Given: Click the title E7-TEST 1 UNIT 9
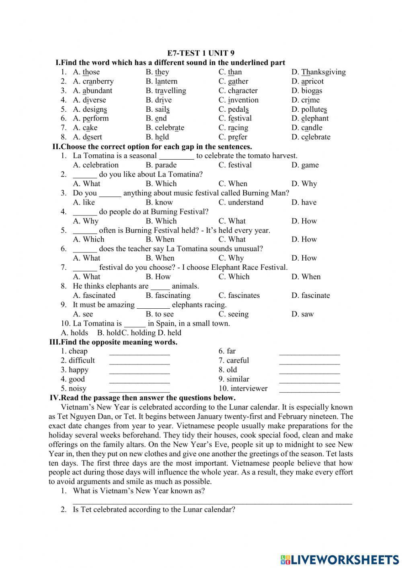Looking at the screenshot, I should click(201, 53).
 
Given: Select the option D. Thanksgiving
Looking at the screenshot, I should click(318, 72).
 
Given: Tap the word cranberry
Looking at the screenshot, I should click(98, 81).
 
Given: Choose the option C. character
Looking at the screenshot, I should click(238, 90).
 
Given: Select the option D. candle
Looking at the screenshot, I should click(307, 128).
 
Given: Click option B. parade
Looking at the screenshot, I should click(161, 165).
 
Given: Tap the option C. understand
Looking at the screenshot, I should click(241, 202).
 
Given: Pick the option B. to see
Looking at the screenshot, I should click(160, 314).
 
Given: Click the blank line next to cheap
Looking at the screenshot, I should click(139, 353).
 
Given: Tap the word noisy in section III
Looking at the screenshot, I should click(77, 388).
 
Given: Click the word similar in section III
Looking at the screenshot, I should click(238, 379).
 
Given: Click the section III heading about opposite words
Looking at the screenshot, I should click(113, 342).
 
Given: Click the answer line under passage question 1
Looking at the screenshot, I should click(212, 501).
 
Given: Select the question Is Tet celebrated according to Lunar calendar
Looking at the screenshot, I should click(154, 509).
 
